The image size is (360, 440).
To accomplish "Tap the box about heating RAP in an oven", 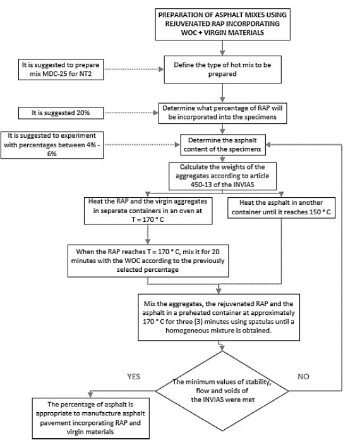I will click(x=147, y=211).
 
